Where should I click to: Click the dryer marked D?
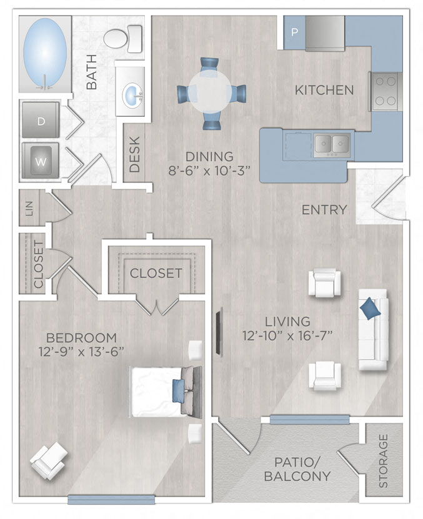point(41,120)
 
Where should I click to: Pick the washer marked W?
point(41,161)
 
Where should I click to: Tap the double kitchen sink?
point(331,144)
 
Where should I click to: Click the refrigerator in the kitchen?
point(324,32)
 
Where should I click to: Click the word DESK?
point(134,154)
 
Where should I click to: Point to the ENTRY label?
point(324,210)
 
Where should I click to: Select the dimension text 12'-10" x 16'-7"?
point(287,336)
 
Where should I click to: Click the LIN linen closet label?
point(29,207)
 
